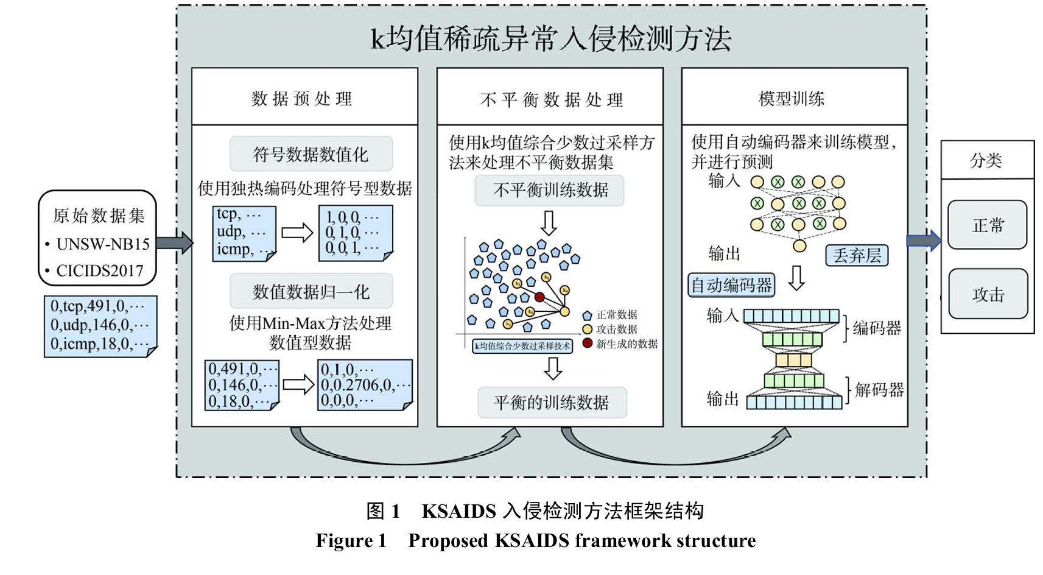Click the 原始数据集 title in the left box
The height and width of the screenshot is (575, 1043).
[99, 215]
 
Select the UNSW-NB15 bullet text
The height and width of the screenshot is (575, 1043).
[103, 244]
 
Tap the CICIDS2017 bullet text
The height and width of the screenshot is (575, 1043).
[100, 271]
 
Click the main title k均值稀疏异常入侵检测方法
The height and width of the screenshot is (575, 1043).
[551, 39]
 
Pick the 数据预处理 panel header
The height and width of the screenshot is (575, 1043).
[302, 99]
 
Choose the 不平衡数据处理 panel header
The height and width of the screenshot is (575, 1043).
[551, 99]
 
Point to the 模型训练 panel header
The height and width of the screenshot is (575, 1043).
[792, 99]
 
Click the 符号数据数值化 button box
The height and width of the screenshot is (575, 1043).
[311, 155]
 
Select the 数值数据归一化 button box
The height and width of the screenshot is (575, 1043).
[311, 292]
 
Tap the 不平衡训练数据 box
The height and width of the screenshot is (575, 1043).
[550, 190]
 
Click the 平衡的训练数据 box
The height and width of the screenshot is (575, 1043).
[552, 402]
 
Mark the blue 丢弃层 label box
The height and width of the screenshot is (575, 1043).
[857, 255]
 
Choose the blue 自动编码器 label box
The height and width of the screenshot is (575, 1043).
[731, 285]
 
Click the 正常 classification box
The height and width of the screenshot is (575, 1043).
[987, 225]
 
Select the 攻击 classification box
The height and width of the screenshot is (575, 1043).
[987, 295]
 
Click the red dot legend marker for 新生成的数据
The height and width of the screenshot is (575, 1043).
[587, 343]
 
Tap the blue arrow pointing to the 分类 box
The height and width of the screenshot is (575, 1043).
[924, 241]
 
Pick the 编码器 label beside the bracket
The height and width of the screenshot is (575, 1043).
[877, 328]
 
